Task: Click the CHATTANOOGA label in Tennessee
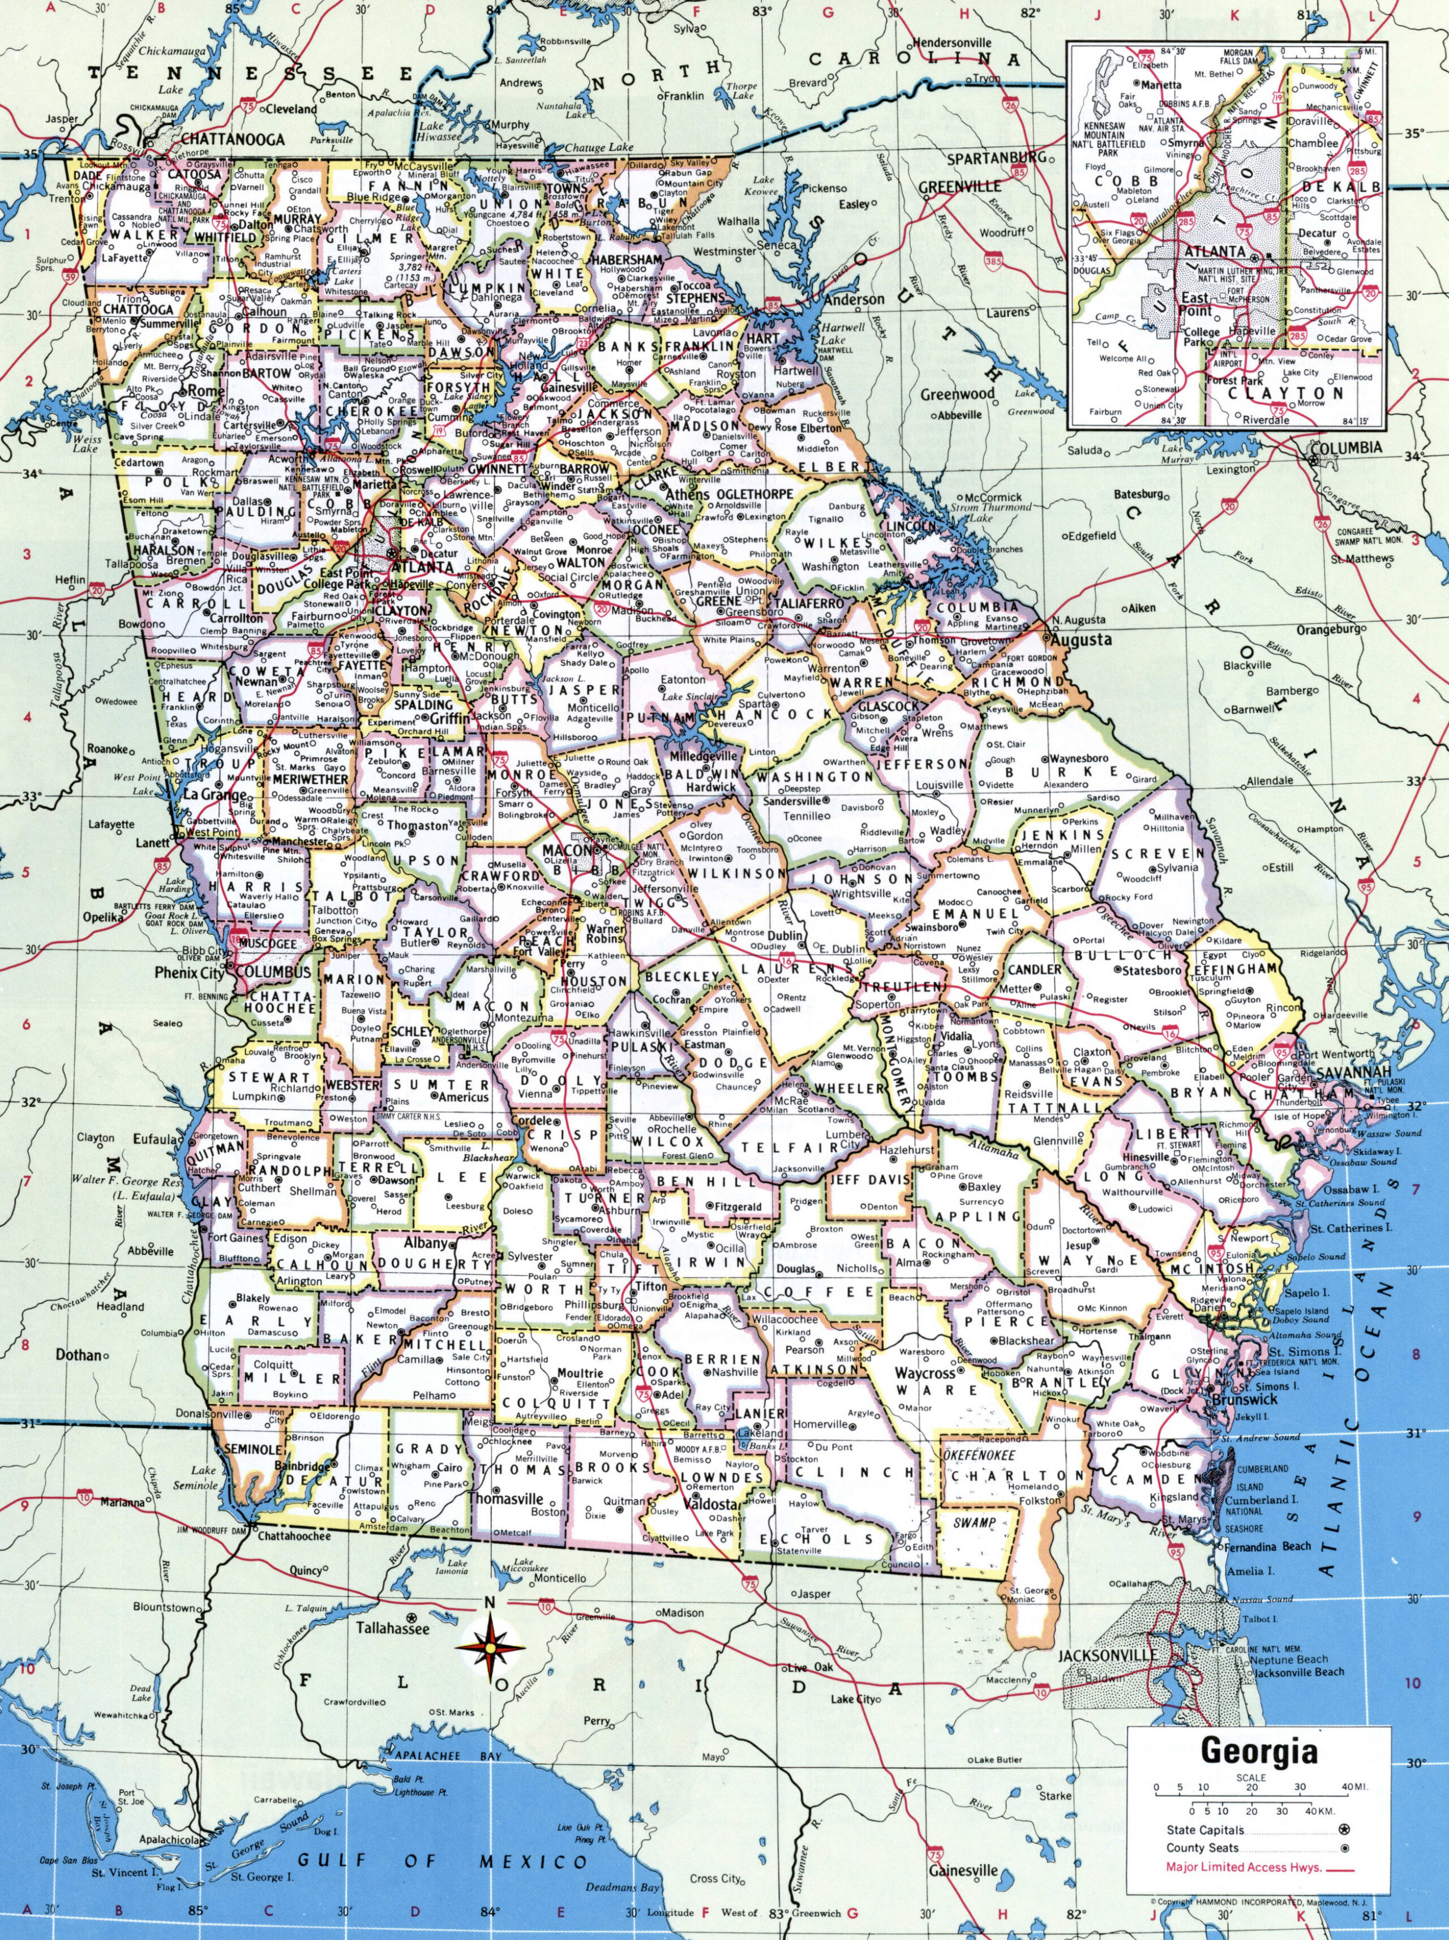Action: coord(233,139)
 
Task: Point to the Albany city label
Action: coord(426,1243)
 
